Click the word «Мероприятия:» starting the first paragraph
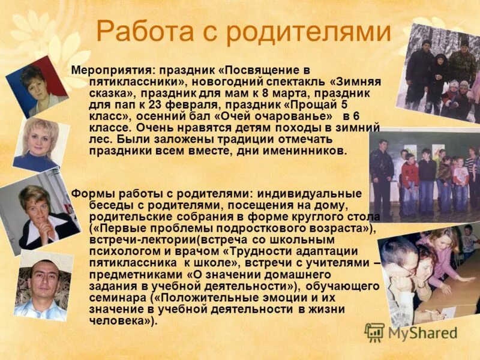coord(110,70)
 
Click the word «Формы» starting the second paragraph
coord(88,193)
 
